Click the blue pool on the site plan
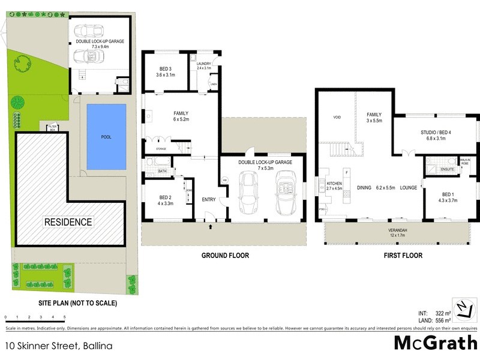(106, 137)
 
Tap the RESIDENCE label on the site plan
(68, 222)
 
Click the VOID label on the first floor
(337, 117)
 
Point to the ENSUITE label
(447, 170)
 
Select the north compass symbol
(463, 308)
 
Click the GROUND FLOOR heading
(225, 256)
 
